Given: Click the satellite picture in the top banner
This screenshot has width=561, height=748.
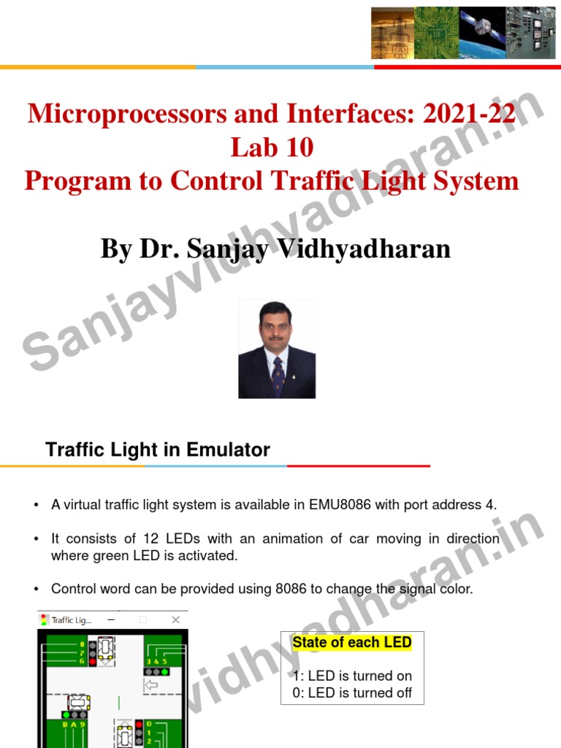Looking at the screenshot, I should coord(481,34).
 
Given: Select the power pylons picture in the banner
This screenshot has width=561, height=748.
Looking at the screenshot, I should coord(392,34).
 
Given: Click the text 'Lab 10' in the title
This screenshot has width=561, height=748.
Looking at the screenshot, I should coord(272,148).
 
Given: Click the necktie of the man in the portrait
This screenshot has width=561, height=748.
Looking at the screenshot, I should coord(278,373).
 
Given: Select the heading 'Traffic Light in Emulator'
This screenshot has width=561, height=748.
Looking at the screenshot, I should coord(158,450).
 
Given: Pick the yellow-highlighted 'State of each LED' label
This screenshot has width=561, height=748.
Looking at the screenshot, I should coord(352,643).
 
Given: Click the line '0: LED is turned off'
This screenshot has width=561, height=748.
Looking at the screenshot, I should coord(352,692).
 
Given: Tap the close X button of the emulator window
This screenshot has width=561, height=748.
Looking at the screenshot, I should coord(175,620).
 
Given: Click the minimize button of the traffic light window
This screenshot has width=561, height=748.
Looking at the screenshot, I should coord(112,620).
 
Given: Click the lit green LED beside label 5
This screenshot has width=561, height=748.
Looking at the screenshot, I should coord(164,671).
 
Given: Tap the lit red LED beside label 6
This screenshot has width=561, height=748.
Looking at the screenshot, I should coord(93,661).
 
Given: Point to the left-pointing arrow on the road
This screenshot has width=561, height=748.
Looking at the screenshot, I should coord(152,685).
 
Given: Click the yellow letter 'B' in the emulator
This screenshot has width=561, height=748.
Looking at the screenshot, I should coord(64,725).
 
